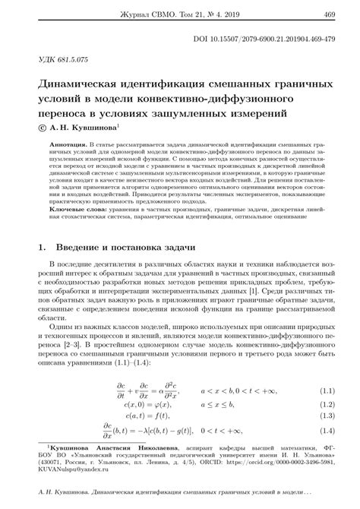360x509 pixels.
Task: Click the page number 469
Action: tap(330, 14)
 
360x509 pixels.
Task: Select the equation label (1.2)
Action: tap(327, 406)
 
